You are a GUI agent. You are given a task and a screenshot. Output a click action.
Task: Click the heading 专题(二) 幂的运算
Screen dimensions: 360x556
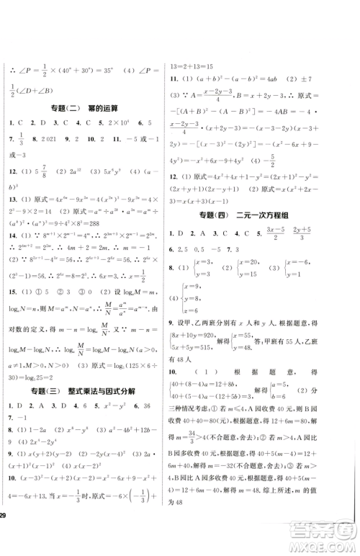coord(86,109)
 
